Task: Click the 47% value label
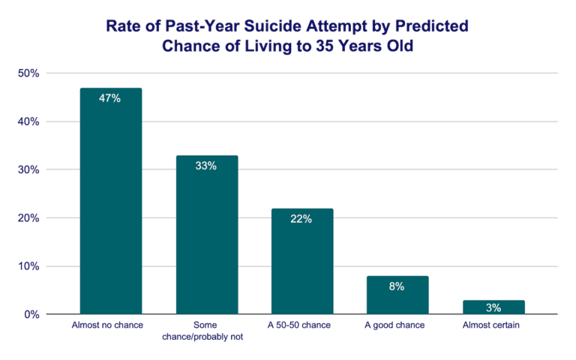click(110, 98)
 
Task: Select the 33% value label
click(206, 166)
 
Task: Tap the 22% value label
click(302, 219)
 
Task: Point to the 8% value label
click(397, 286)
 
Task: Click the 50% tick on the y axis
click(28, 73)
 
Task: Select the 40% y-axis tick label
click(28, 121)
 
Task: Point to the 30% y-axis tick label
click(28, 169)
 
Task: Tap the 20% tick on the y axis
click(28, 218)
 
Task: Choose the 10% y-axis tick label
click(28, 266)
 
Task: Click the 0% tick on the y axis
click(31, 314)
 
